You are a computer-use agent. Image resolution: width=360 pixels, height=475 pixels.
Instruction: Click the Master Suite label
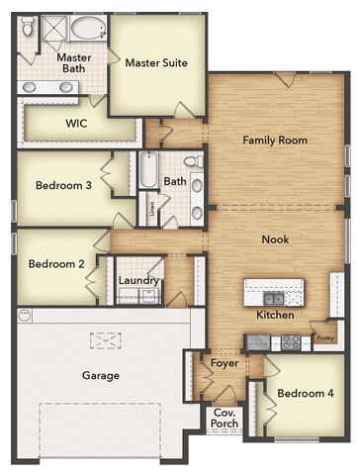pyautogui.click(x=156, y=63)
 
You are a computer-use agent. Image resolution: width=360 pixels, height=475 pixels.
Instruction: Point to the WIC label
pyautogui.click(x=77, y=125)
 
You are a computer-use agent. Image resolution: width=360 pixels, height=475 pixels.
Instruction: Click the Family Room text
pyautogui.click(x=275, y=141)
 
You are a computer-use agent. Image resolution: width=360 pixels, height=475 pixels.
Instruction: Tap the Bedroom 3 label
pyautogui.click(x=63, y=185)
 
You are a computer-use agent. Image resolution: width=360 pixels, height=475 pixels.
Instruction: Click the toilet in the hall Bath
pyautogui.click(x=194, y=160)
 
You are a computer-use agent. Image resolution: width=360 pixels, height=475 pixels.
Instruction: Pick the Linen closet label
pyautogui.click(x=151, y=208)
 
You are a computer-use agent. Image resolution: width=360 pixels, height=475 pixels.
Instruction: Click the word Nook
pyautogui.click(x=275, y=239)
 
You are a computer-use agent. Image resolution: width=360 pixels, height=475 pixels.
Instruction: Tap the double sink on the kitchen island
pyautogui.click(x=272, y=297)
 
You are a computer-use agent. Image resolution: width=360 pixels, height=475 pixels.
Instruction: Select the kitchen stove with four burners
pyautogui.click(x=290, y=341)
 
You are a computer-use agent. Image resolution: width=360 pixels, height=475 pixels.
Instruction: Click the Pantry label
pyautogui.click(x=323, y=337)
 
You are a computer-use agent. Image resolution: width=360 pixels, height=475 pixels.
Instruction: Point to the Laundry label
pyautogui.click(x=138, y=281)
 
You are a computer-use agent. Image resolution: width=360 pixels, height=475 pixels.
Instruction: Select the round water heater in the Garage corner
pyautogui.click(x=25, y=317)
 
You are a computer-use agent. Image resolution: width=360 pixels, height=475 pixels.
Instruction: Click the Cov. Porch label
pyautogui.click(x=225, y=419)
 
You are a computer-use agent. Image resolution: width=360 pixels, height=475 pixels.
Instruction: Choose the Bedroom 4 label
pyautogui.click(x=306, y=394)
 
